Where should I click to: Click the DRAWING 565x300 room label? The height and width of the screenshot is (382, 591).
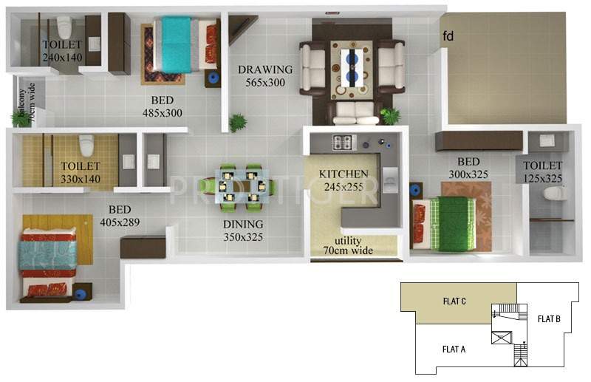(265, 76)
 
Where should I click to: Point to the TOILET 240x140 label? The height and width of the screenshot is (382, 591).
(62, 50)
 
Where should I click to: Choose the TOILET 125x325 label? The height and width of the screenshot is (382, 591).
(543, 172)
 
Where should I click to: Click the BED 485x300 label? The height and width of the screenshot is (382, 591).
(163, 106)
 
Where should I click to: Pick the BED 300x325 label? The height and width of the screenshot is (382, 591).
(468, 168)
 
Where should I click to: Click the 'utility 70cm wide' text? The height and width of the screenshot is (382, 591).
(352, 246)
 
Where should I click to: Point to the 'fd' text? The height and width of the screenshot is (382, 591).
(448, 35)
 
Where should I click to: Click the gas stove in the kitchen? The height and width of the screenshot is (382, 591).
(344, 142)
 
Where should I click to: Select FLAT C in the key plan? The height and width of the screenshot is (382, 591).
(454, 301)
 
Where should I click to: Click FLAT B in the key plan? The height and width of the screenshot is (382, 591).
(548, 318)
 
